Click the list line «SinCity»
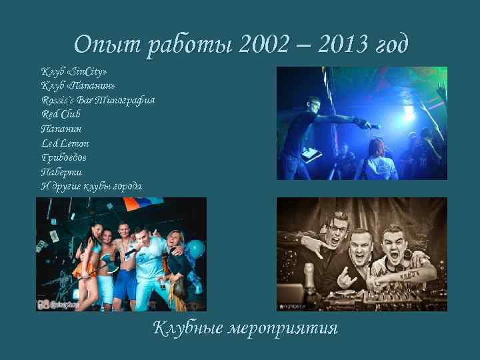pos(74,71)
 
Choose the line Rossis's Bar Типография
pos(98,100)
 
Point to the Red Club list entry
pos(61,114)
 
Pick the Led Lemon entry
pos(65,143)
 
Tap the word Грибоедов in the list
pos(64,157)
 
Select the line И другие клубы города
pos(91,186)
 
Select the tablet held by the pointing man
pos(310,155)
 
